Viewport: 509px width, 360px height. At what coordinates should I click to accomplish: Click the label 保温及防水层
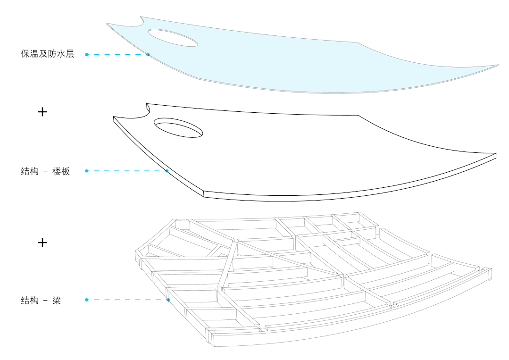click(48, 54)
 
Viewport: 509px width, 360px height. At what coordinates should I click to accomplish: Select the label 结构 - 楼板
click(45, 171)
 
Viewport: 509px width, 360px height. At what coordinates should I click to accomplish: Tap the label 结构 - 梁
click(41, 300)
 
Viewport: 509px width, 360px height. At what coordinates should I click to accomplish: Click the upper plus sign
click(42, 112)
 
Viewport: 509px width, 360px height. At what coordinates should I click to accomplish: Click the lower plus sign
click(42, 243)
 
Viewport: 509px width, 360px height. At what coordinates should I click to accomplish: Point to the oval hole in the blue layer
click(173, 38)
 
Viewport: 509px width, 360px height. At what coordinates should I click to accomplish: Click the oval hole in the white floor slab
click(179, 127)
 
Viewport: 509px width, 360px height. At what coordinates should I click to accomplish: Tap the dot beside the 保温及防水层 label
click(87, 55)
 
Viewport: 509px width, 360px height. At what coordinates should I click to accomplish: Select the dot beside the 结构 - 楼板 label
click(87, 171)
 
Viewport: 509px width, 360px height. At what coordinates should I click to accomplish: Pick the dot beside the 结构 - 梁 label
click(87, 300)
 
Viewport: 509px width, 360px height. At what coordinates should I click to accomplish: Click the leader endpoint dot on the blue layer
click(148, 55)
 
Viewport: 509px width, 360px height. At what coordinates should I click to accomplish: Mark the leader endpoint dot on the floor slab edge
click(167, 171)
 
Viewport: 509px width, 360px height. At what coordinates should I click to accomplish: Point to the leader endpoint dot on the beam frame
click(168, 300)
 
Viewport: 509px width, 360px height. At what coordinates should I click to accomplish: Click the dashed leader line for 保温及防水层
click(117, 55)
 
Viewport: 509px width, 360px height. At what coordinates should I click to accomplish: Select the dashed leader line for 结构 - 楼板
click(126, 171)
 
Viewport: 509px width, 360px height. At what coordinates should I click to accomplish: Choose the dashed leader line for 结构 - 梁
click(127, 300)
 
